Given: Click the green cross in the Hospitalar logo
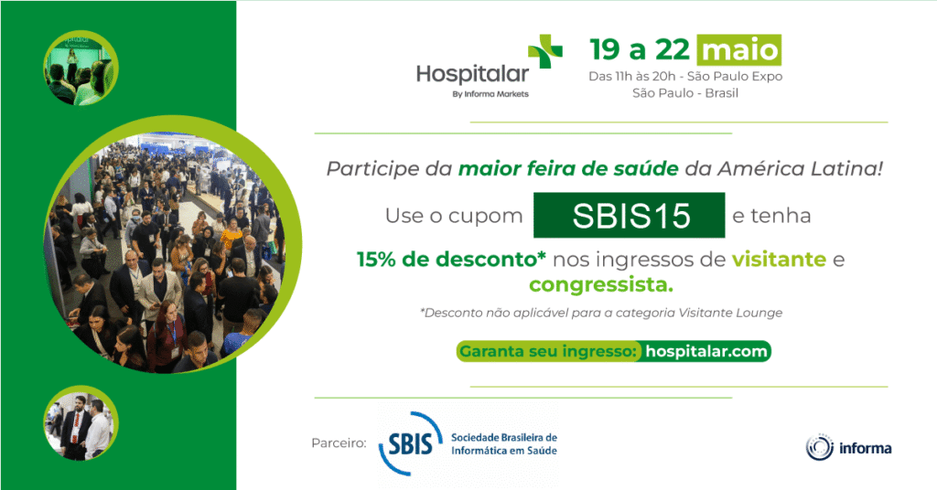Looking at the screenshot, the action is (545, 51).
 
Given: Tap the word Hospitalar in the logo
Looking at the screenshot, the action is (473, 75).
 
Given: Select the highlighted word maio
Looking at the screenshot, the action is (739, 50).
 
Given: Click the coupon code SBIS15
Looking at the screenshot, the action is (631, 216).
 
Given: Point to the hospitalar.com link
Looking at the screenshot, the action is (706, 351).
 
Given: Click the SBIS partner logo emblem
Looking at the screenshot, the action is (411, 443).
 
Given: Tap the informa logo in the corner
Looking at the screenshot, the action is (848, 448).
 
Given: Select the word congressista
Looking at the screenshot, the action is (601, 285).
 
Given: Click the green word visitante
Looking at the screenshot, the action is (780, 259).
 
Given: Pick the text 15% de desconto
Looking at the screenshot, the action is (451, 259).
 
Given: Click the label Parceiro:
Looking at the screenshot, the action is (339, 442).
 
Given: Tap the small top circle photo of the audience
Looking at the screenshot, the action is (81, 68).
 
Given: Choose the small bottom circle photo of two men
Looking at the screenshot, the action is (81, 422).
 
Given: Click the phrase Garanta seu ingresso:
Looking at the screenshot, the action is (548, 351).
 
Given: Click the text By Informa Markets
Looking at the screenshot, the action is (490, 93).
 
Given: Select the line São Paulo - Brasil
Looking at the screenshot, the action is (685, 93).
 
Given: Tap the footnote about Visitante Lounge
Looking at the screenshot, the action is (601, 313).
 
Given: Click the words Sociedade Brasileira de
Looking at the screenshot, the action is (504, 438).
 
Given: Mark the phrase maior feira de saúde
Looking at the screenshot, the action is (568, 169).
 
